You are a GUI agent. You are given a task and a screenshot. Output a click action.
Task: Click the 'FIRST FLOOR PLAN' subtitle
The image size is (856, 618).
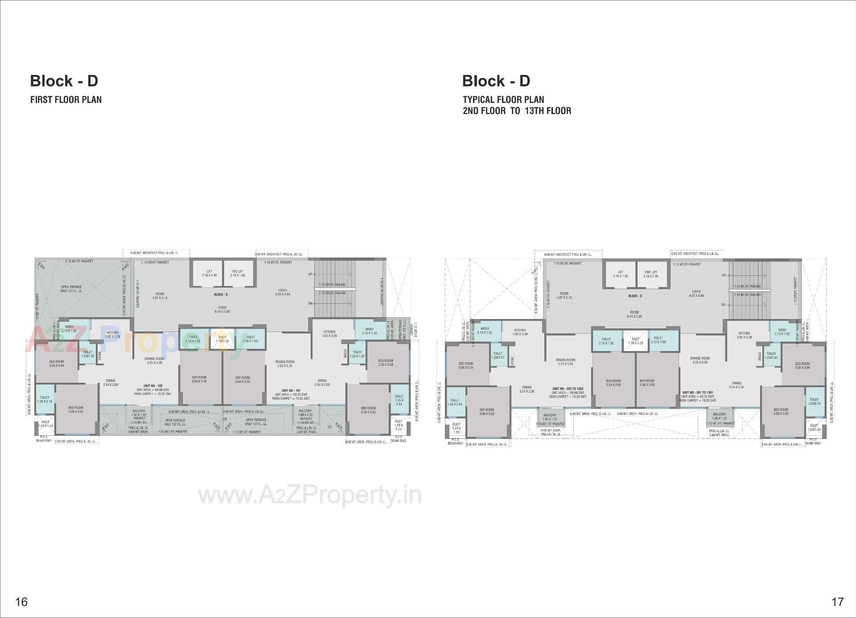[x=66, y=100]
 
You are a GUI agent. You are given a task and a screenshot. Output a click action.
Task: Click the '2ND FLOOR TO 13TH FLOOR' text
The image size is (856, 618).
[x=517, y=111]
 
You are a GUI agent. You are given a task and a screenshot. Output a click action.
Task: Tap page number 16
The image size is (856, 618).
[x=21, y=602]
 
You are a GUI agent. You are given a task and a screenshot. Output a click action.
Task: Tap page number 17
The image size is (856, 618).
[x=837, y=602]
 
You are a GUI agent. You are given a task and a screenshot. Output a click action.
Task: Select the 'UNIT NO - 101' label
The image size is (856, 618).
[x=291, y=391]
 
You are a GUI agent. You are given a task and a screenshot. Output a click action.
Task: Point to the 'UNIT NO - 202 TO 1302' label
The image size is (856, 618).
[x=568, y=389]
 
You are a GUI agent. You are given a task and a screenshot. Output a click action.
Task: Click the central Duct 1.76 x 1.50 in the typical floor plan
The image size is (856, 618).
[x=635, y=341]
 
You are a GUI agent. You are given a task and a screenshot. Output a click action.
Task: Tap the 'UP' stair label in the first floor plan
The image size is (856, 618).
[x=310, y=274]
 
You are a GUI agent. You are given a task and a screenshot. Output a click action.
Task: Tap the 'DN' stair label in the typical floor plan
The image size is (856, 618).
[x=723, y=305]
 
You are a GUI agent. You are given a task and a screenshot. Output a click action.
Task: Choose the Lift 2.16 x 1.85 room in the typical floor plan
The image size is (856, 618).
[x=620, y=274]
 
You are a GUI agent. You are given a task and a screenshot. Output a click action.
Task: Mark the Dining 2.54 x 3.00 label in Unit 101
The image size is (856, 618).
[x=322, y=382]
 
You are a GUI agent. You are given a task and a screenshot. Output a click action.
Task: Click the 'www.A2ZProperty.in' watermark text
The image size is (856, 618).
[x=309, y=495]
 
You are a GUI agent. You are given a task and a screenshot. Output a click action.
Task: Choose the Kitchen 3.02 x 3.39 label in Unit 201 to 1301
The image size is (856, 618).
[x=744, y=335]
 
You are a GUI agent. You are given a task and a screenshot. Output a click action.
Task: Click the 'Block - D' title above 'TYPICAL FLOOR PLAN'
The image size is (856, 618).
[x=496, y=81]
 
